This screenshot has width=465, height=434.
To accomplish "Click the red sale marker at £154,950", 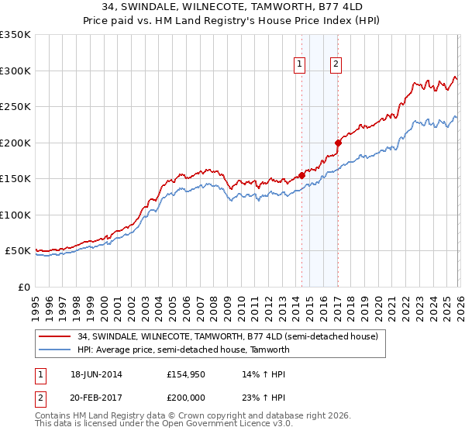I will click(x=301, y=175).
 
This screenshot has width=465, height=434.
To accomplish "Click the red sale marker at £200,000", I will click(x=338, y=143).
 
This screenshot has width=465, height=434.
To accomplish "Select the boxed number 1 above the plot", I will click(x=299, y=65).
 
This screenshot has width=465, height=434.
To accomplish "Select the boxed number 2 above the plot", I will click(x=336, y=65).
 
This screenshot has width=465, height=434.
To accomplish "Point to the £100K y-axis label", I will click(x=15, y=215).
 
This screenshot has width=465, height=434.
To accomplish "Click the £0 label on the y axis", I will click(x=23, y=287).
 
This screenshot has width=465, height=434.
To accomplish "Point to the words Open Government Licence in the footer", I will click(x=225, y=424).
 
